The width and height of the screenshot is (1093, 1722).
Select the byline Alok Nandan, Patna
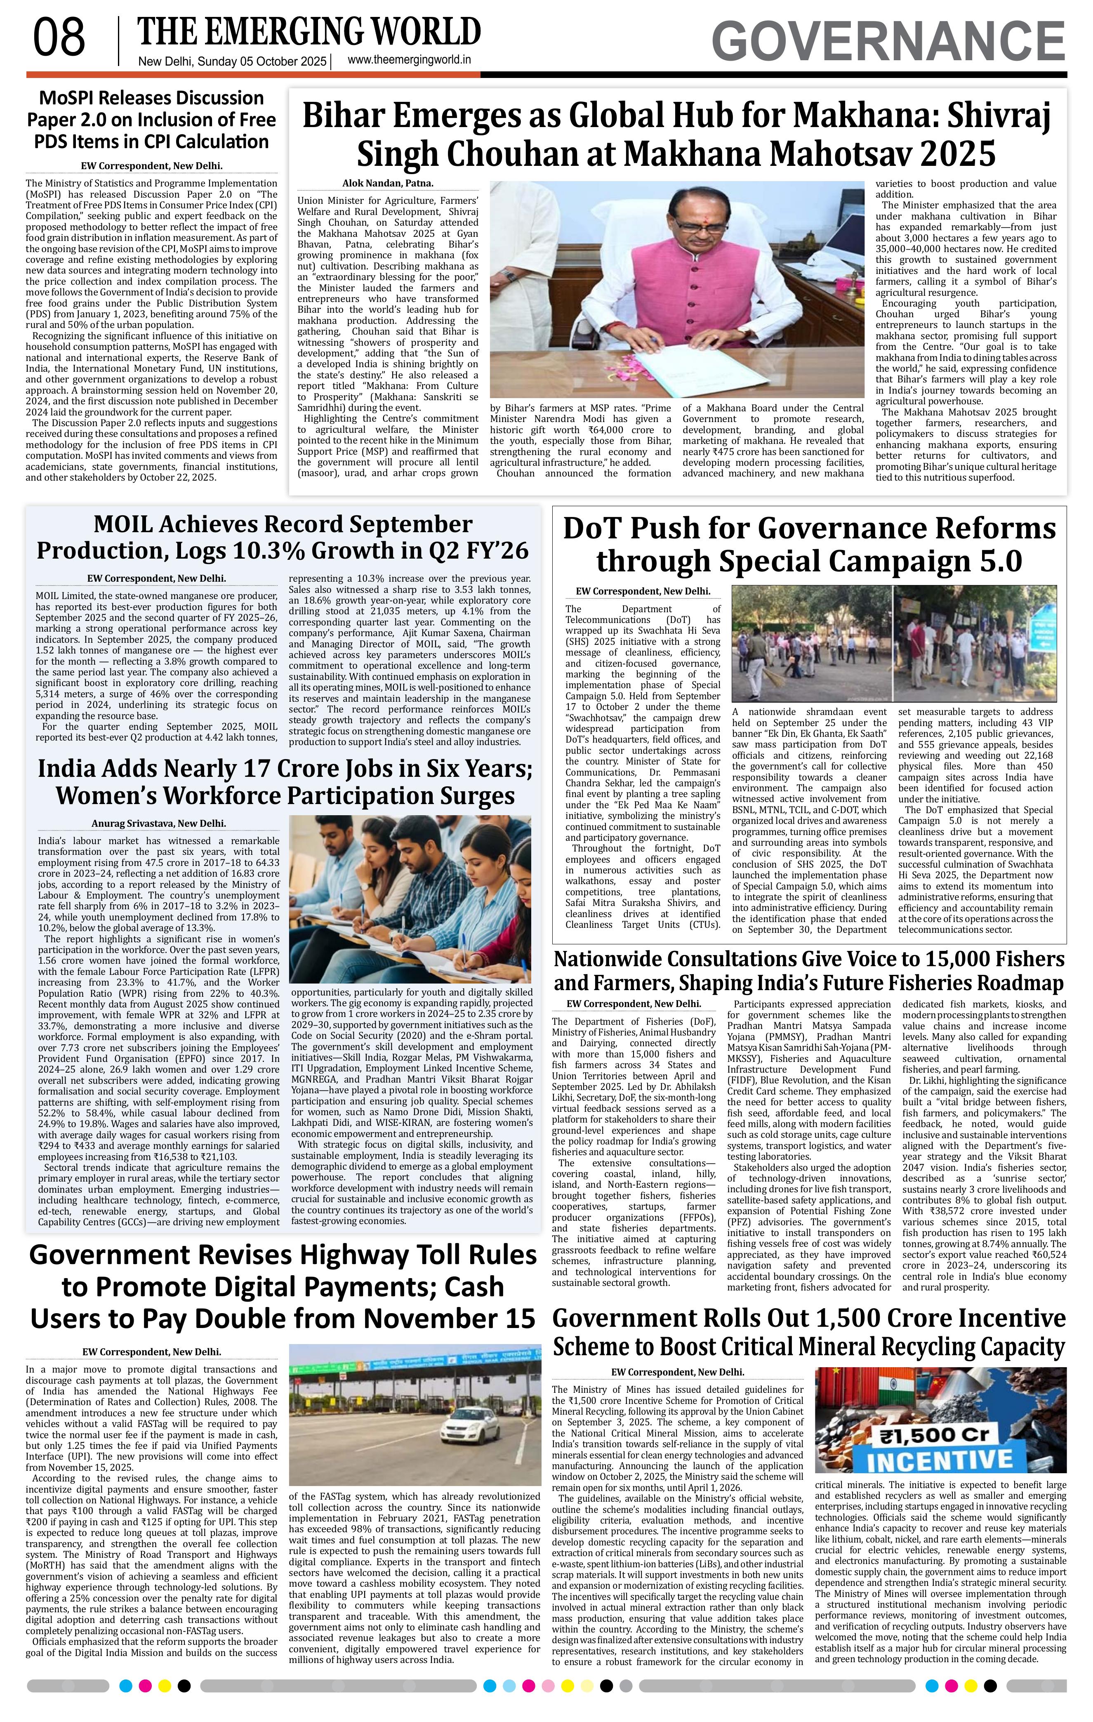387,184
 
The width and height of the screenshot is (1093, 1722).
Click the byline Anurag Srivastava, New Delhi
159,823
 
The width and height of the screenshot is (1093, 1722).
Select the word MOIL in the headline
130,524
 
